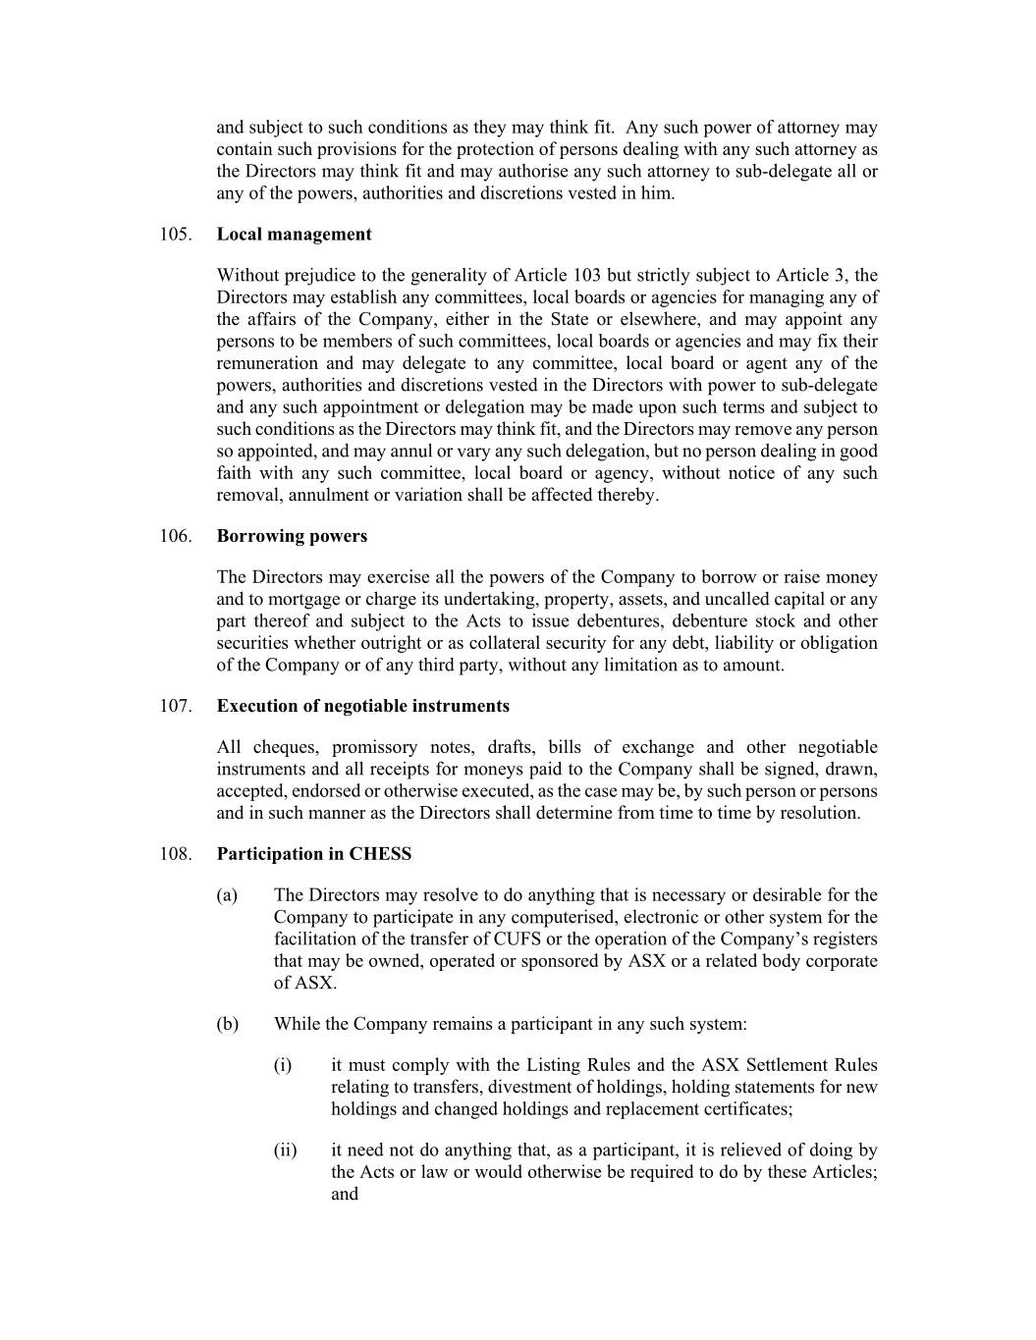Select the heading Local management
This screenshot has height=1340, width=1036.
pyautogui.click(x=294, y=235)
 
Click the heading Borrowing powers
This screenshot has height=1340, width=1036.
pyautogui.click(x=292, y=536)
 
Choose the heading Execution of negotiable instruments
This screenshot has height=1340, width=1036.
pyautogui.click(x=362, y=706)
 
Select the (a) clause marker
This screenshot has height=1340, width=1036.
pyautogui.click(x=227, y=895)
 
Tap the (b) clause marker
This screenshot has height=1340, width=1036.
pyautogui.click(x=227, y=1025)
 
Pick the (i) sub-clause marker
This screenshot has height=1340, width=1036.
pyautogui.click(x=283, y=1066)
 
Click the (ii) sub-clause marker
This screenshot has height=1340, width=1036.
pyautogui.click(x=285, y=1151)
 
